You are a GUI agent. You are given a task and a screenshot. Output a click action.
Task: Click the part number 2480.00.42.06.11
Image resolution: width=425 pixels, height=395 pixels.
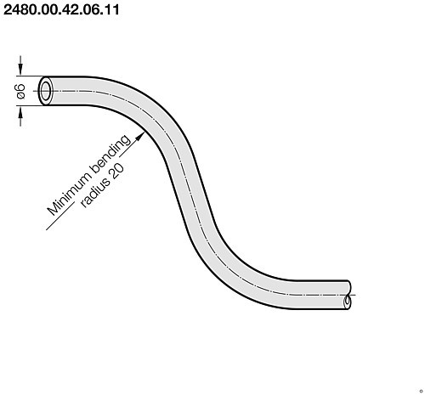point(60,12)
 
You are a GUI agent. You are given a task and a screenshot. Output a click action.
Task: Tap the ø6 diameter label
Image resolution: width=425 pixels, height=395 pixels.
point(20,90)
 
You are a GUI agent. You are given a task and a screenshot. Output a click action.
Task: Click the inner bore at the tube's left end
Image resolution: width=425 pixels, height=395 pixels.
point(45,90)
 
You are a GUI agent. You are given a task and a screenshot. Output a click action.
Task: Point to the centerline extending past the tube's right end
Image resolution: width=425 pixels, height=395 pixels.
point(353,294)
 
